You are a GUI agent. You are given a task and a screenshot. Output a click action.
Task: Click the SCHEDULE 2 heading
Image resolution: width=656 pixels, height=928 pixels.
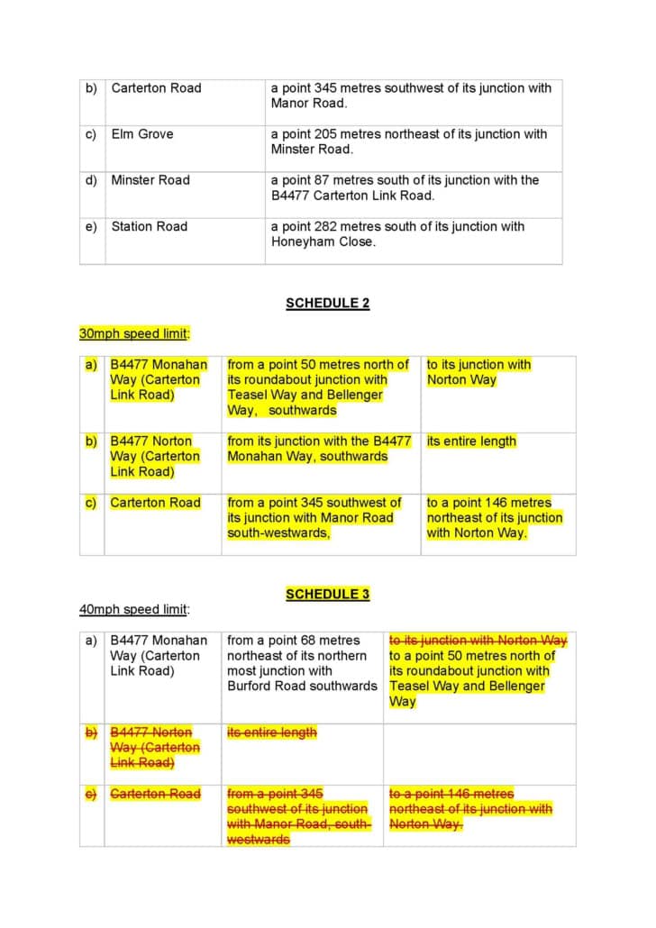coord(327,303)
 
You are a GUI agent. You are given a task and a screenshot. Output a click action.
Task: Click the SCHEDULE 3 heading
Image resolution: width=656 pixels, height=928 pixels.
coord(327,594)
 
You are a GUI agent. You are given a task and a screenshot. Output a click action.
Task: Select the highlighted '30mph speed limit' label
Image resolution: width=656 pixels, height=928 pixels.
coord(133,333)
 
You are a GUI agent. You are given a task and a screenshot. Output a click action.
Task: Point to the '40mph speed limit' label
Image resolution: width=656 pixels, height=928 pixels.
coord(133,609)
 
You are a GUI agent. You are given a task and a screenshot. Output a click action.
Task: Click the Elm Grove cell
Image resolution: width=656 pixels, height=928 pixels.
coord(142,134)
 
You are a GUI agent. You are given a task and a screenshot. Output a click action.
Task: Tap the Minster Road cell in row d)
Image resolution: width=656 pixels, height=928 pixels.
coord(150,180)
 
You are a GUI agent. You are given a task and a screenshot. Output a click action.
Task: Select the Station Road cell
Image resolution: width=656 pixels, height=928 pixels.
coord(150,226)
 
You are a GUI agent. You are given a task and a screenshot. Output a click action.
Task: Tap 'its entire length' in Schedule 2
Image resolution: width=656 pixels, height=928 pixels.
coord(471,441)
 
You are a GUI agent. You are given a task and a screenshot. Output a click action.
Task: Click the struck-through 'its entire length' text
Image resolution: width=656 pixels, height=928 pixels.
coord(271,732)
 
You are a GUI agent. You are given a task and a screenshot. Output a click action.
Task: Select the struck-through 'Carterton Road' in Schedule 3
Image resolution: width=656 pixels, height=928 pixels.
coord(155,794)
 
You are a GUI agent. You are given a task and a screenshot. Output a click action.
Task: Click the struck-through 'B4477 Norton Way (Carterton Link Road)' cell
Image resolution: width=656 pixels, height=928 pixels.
coord(154,748)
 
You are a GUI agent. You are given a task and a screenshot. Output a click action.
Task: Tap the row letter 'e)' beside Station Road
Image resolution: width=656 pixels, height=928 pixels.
coord(91,226)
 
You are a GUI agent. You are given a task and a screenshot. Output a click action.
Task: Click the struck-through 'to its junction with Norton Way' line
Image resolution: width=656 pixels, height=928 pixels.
coord(478,640)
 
